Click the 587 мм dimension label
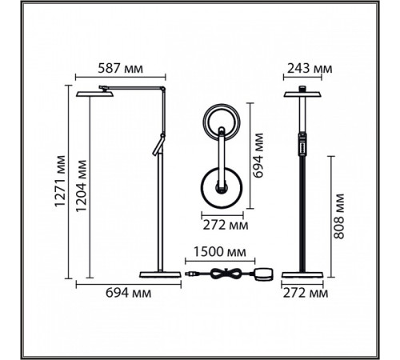[x=121, y=69]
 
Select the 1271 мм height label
[x=60, y=181]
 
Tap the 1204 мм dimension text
[x=81, y=186]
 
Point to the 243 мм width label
[x=310, y=69]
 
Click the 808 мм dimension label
[x=339, y=216]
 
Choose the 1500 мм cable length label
[x=219, y=252]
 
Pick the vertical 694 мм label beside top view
[x=258, y=155]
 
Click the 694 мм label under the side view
[x=128, y=293]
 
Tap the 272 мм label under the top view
[x=226, y=225]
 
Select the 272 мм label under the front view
[x=306, y=294]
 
